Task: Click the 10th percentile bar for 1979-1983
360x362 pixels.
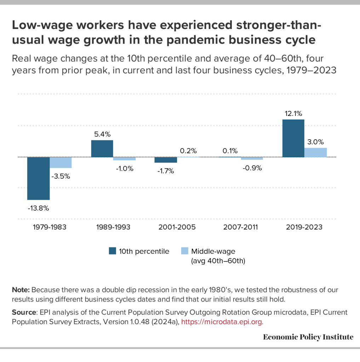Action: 38,178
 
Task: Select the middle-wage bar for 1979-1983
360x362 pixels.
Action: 61,163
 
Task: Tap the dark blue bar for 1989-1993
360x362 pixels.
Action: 102,148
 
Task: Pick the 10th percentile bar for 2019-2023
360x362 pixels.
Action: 293,138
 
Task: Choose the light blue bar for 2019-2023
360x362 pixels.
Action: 315,152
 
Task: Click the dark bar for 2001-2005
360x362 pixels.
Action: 166,160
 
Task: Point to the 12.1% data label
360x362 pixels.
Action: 293,114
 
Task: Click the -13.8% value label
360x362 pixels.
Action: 38,208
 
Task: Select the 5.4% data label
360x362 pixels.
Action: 103,134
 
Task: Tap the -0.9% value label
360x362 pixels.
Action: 252,168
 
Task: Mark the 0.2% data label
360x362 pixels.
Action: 188,151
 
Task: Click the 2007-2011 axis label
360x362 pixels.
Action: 241,227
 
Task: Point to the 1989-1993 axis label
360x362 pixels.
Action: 113,227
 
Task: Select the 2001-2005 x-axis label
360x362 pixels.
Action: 177,227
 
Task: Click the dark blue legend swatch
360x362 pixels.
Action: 113,251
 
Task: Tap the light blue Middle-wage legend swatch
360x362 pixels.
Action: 184,251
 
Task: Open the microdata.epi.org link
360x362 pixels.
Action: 222,322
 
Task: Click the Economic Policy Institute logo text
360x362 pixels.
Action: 308,337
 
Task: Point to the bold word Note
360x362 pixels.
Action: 21,290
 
